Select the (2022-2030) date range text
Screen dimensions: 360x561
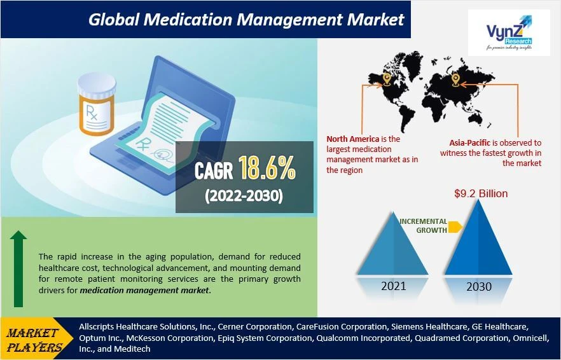[x=244, y=196]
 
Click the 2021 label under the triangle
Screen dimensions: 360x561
[x=394, y=286]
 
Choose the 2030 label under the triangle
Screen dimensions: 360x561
[x=478, y=286]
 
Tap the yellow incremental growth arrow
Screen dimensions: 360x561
[x=455, y=226]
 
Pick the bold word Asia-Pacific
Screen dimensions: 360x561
[x=460, y=143]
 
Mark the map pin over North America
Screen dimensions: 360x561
[x=386, y=79]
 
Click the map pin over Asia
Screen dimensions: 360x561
[x=455, y=80]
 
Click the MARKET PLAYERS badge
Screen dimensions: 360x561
[x=36, y=339]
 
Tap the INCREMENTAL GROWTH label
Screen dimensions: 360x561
[x=423, y=225]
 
